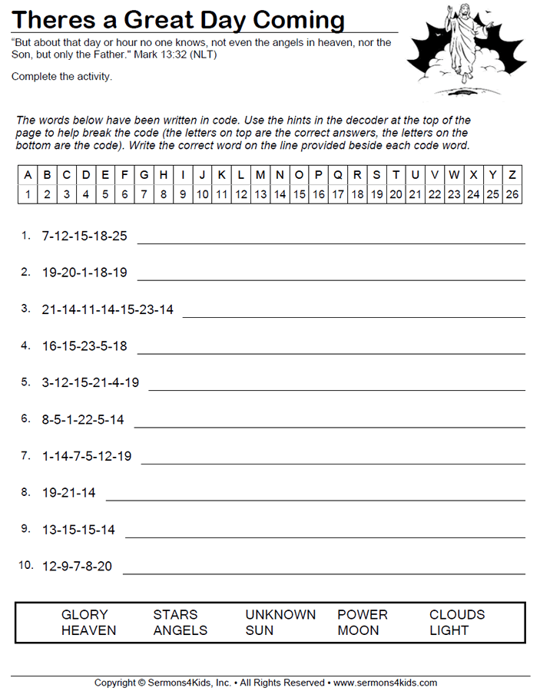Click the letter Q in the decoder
(338, 175)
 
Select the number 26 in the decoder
(512, 194)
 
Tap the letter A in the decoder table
(28, 175)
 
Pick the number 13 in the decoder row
(260, 194)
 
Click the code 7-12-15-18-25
(84, 236)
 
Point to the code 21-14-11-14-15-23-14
(108, 310)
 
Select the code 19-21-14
(69, 493)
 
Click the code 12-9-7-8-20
(77, 567)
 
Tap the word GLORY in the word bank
(84, 615)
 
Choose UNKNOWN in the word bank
(280, 615)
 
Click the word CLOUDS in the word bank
(457, 615)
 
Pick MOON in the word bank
(358, 631)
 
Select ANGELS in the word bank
(181, 631)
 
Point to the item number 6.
(25, 418)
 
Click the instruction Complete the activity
(61, 76)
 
